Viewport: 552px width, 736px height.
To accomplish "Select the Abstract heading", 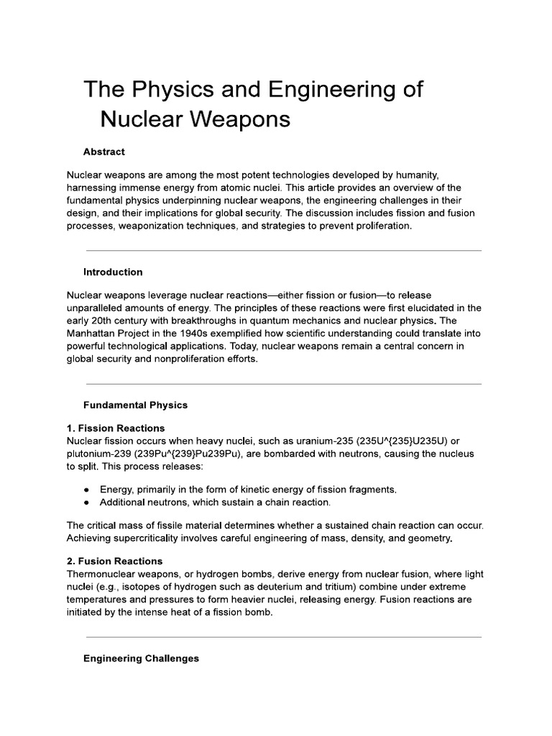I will click(x=103, y=152).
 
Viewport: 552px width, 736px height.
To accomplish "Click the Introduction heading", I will click(x=113, y=272).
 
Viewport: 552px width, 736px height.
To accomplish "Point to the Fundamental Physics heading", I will click(x=135, y=405).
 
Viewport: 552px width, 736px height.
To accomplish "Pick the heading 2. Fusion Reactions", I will click(x=114, y=561).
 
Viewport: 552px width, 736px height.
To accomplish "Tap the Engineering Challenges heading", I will click(x=141, y=658).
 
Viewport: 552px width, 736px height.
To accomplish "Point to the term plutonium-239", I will click(x=102, y=454).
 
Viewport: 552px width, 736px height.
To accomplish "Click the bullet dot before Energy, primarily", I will click(x=87, y=489).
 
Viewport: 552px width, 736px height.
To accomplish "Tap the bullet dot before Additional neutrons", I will click(x=87, y=502).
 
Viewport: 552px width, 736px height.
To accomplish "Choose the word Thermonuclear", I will click(x=106, y=574).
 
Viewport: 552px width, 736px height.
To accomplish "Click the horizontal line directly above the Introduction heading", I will click(x=283, y=251).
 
